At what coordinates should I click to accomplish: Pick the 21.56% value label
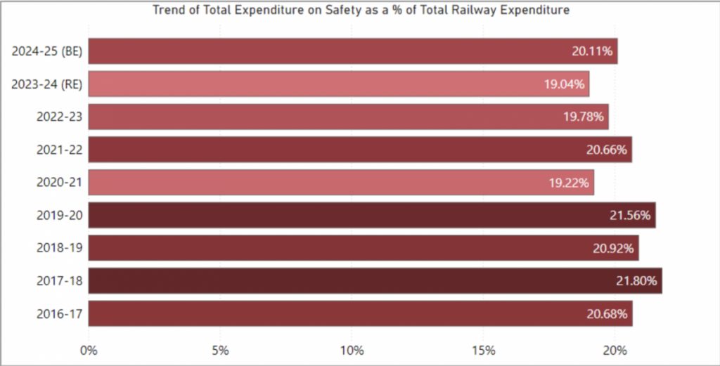click(631, 216)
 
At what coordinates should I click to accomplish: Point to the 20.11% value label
click(592, 51)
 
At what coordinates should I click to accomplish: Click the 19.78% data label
click(584, 117)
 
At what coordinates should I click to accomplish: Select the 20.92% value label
click(613, 248)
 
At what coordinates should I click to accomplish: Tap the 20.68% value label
click(607, 314)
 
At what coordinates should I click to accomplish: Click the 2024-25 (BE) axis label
click(47, 51)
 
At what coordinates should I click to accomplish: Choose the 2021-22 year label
click(60, 150)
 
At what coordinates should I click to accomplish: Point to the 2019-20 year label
click(60, 216)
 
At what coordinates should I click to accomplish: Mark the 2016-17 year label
click(60, 314)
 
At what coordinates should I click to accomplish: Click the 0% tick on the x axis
click(89, 350)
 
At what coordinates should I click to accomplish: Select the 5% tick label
click(220, 350)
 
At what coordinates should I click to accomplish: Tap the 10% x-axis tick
click(352, 350)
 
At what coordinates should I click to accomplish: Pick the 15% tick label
click(484, 350)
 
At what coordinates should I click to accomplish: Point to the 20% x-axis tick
click(616, 350)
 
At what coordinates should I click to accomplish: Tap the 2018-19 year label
click(60, 248)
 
